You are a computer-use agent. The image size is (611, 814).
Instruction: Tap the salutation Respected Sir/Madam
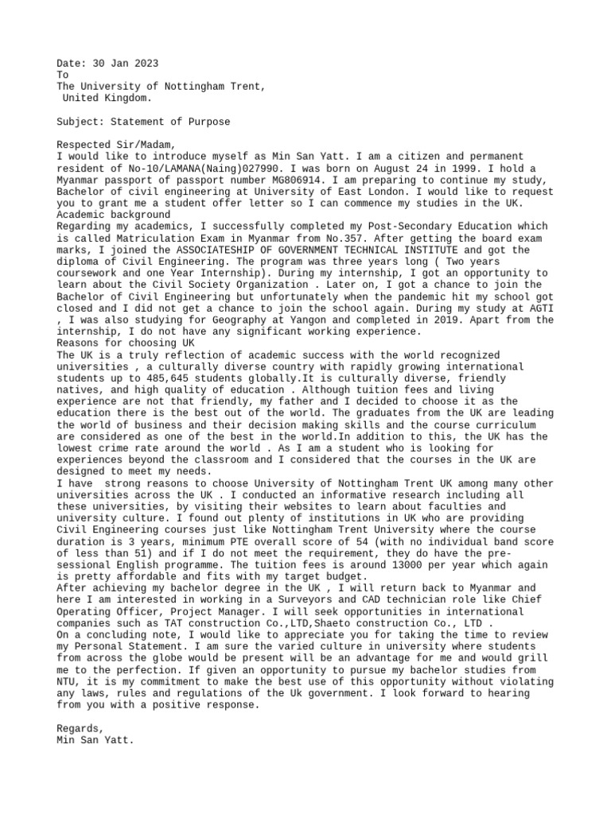pos(116,145)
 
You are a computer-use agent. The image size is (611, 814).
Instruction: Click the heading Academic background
pos(113,215)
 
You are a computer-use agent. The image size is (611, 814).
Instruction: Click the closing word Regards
pos(80,728)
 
